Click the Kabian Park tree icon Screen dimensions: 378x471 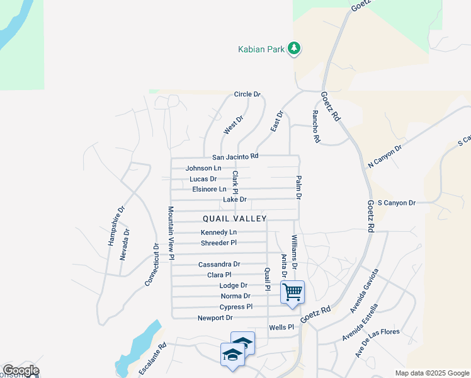294,48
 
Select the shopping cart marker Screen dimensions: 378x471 292,292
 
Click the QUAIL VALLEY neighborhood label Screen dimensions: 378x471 235,219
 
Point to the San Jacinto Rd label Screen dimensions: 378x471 235,157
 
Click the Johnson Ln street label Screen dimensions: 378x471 203,168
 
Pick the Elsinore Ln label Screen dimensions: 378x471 209,189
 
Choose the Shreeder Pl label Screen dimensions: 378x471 218,243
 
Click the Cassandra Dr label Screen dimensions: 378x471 219,265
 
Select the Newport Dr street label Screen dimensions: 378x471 215,318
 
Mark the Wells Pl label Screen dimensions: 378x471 281,328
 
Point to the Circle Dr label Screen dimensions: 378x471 247,94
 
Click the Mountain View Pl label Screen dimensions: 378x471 170,233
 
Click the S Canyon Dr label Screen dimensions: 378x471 398,203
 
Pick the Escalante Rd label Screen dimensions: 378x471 152,358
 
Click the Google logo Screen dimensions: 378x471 21,370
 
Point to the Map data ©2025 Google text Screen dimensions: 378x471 432,373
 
